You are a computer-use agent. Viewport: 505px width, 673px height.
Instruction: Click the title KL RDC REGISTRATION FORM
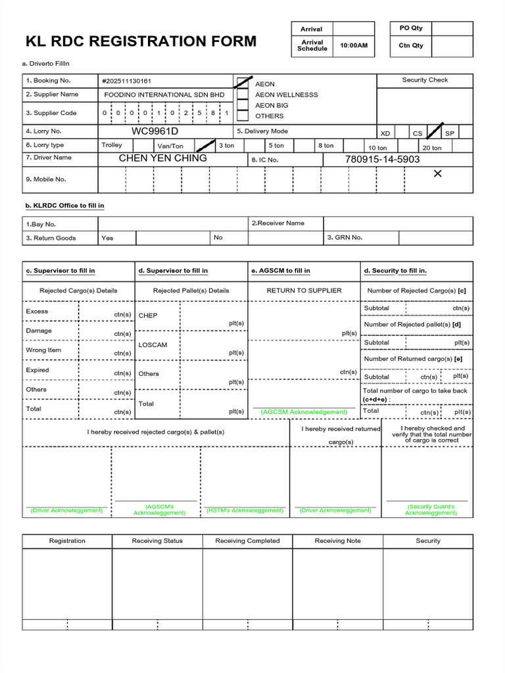coord(141,41)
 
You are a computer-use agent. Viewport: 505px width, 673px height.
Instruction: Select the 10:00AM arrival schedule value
coord(354,46)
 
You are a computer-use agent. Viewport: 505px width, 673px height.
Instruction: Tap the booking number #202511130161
coord(126,81)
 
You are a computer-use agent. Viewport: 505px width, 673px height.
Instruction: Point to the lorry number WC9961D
coord(155,131)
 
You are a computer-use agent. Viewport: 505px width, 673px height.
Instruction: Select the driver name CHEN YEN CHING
coord(162,158)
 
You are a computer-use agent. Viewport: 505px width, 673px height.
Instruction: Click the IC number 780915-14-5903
coord(382,160)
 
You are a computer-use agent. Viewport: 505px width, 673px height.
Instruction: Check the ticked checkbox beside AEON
coord(243,83)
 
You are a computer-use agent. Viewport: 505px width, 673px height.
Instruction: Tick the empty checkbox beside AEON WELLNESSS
coord(243,94)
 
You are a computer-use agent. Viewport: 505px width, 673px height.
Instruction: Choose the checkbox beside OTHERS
coord(243,116)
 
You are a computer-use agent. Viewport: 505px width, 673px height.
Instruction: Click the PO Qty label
coord(411,28)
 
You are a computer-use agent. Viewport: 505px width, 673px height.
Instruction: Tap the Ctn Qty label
coord(411,45)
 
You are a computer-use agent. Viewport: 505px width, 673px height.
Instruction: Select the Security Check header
coord(425,80)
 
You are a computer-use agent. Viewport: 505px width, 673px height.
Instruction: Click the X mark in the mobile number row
coord(438,174)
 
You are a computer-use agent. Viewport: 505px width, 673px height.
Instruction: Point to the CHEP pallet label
coord(148,315)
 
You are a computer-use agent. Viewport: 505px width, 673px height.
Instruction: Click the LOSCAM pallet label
coord(153,345)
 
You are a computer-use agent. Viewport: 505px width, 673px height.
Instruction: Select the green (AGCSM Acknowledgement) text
coord(304,411)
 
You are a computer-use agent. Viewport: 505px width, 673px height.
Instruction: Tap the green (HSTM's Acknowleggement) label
coord(245,510)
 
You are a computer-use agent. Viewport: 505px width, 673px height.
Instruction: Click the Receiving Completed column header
coord(247,541)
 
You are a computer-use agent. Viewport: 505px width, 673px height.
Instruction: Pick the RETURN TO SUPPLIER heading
coord(304,290)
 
